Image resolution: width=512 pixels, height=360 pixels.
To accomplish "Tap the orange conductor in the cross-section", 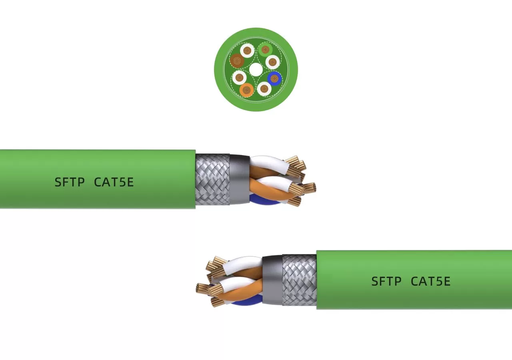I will [247, 90].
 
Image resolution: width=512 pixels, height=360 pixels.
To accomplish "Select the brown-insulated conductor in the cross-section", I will [237, 61].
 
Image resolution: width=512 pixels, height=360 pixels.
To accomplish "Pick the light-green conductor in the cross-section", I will [265, 50].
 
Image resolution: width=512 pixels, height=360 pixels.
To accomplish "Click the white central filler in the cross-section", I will [256, 70].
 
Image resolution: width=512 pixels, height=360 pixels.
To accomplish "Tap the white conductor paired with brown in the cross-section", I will [247, 50].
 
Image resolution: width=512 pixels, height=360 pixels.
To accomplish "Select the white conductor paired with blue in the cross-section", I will [264, 88].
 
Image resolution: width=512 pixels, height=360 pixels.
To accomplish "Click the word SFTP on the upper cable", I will [70, 182].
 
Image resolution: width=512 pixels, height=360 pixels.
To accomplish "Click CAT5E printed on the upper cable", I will [114, 182].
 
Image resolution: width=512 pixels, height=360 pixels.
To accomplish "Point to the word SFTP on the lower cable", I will [386, 282].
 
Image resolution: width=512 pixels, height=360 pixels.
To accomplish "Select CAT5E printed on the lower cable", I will [431, 282].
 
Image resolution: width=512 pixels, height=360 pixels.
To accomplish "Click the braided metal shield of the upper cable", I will [212, 179].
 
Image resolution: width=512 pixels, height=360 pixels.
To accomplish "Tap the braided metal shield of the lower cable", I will [299, 280].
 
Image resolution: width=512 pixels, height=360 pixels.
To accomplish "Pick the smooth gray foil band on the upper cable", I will [240, 179].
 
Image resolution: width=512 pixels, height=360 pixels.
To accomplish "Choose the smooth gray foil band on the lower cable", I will [272, 280].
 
